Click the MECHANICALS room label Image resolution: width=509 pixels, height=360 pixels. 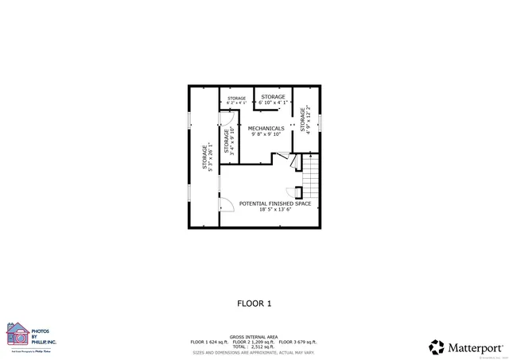click(x=266, y=128)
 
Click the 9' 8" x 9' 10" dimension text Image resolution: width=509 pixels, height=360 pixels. click(x=266, y=134)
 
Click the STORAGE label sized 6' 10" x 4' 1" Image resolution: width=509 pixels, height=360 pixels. click(x=273, y=97)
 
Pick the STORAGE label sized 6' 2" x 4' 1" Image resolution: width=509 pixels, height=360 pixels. click(x=236, y=99)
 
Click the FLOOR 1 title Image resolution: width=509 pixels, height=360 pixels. click(x=254, y=303)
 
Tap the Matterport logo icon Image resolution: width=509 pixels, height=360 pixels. click(x=437, y=347)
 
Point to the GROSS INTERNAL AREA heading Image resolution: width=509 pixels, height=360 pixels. click(x=254, y=337)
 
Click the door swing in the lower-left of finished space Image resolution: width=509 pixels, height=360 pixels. click(x=227, y=205)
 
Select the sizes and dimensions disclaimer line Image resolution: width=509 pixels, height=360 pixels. click(x=254, y=351)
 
